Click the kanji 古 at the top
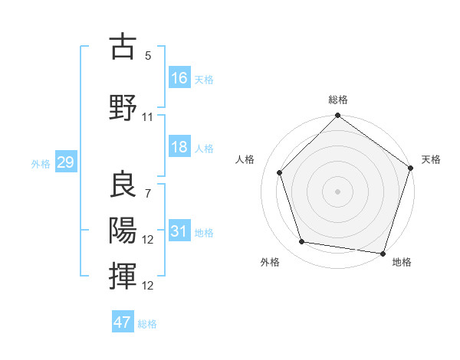click(x=123, y=47)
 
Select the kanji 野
click(x=123, y=108)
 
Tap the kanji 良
click(x=123, y=185)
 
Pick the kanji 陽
click(x=123, y=231)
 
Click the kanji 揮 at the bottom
click(x=123, y=277)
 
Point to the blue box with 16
click(x=179, y=78)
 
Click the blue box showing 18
click(x=179, y=147)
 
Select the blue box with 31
click(x=179, y=231)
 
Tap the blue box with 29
click(x=65, y=162)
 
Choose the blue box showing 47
click(x=123, y=322)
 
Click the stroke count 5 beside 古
click(x=147, y=56)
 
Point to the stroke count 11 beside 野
click(x=148, y=117)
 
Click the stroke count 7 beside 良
click(x=147, y=194)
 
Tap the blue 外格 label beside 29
click(x=41, y=163)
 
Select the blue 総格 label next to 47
click(x=147, y=323)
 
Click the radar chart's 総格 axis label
click(x=337, y=100)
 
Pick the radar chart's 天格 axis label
click(x=432, y=159)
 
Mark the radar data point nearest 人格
click(x=279, y=172)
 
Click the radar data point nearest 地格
click(x=383, y=253)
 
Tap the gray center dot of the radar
click(x=337, y=191)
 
